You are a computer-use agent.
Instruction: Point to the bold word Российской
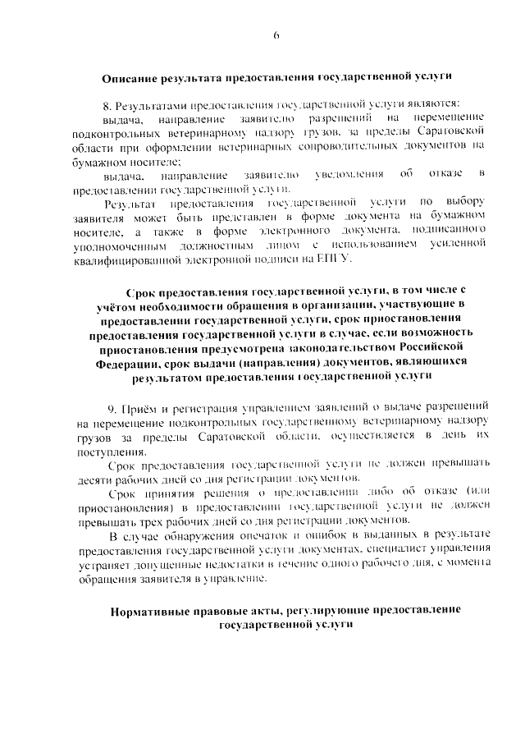(x=456, y=347)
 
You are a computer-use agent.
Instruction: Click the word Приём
(x=140, y=407)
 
